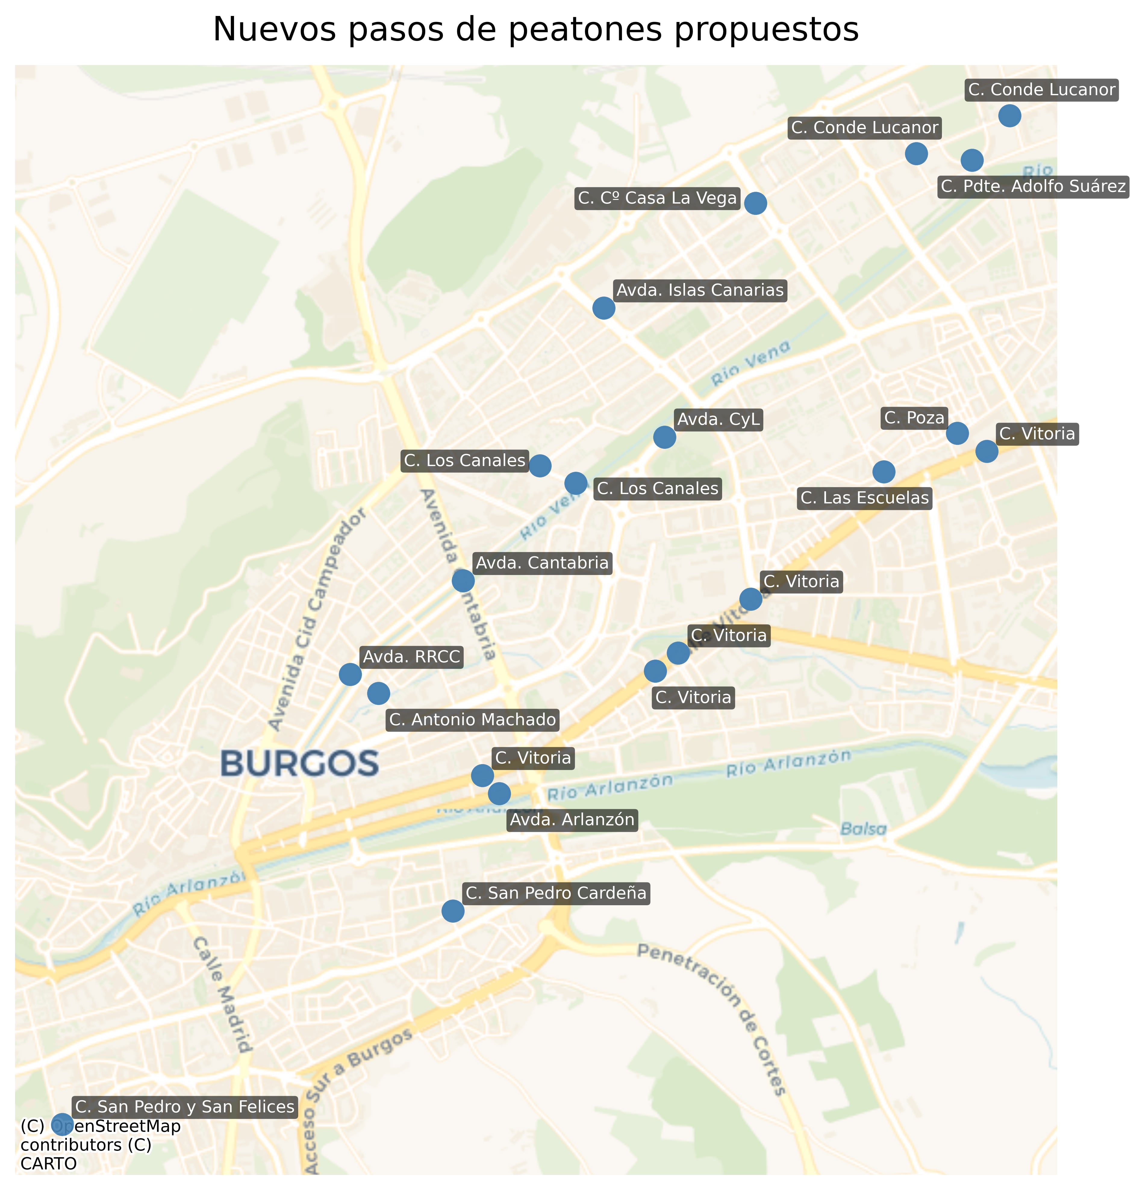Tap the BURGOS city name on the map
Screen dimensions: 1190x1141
(299, 764)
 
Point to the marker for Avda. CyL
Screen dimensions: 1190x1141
(664, 437)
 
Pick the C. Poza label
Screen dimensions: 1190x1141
(914, 418)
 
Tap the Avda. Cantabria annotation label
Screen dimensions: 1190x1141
(542, 563)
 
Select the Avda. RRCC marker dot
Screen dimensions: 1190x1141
(350, 674)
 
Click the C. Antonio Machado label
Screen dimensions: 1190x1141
(472, 720)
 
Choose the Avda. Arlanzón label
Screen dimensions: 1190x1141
(572, 820)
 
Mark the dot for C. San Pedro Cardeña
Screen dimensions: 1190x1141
(452, 911)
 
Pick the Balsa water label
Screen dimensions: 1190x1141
(863, 829)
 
